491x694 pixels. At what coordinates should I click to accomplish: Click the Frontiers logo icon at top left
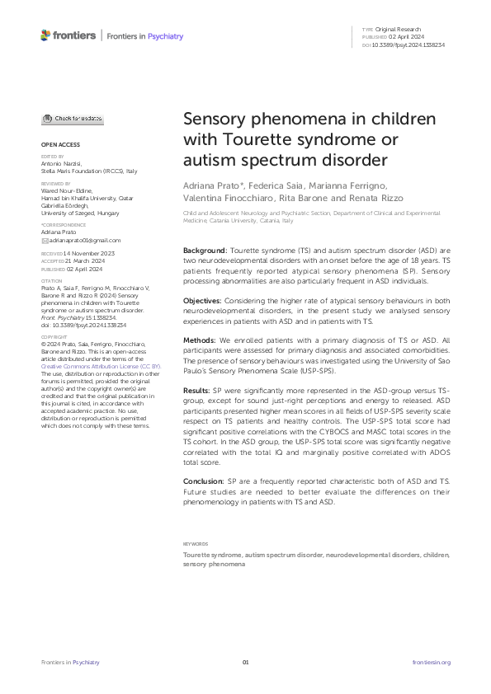(x=45, y=35)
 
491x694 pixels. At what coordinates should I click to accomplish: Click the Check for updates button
(x=73, y=119)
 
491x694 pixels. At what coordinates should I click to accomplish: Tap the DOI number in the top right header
(x=409, y=45)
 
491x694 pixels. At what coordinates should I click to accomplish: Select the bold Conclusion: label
(x=204, y=479)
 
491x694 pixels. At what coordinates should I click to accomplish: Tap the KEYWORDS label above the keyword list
(x=196, y=544)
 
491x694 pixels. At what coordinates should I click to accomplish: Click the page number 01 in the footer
(x=245, y=663)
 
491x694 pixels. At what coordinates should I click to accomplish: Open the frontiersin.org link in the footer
(x=431, y=663)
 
